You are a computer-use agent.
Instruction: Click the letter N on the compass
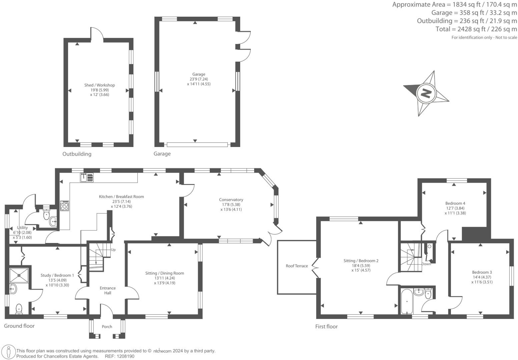coord(426,93)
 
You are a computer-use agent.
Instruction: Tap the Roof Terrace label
coord(297,266)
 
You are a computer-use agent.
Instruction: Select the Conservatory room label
coord(231,200)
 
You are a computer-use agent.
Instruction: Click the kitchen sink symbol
coord(87,177)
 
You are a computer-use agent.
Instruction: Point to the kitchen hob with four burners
coord(64,206)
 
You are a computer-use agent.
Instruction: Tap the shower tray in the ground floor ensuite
coord(19,275)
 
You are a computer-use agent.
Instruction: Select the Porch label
coord(107,326)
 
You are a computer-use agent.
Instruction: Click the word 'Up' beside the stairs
coord(113,250)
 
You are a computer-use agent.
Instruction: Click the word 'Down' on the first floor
coord(426,264)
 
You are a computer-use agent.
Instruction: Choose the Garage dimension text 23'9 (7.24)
coord(199,79)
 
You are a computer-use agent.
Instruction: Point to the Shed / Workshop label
coord(99,85)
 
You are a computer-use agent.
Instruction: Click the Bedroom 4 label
coord(455,203)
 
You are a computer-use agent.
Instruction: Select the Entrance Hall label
coord(108,290)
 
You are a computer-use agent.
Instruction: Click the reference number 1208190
coord(125,356)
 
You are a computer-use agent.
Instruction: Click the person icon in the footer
coord(9,352)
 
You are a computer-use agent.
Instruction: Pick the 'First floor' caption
coord(326,326)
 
